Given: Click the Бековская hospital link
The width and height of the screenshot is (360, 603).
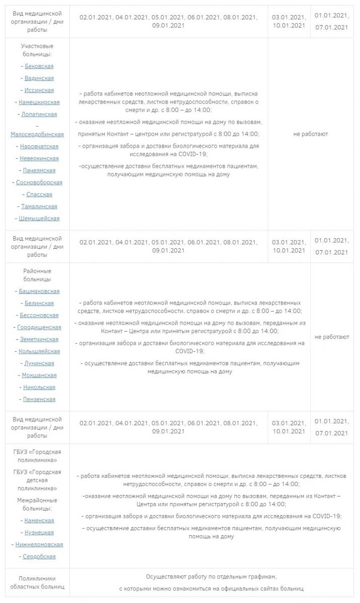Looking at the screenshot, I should coord(39,66).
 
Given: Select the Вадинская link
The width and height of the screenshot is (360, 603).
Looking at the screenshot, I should coord(39,78).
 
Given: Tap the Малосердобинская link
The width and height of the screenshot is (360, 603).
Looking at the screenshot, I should coord(37,134).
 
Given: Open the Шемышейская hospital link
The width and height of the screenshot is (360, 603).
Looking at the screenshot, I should coord(39,219).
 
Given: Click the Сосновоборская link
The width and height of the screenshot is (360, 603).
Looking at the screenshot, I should coord(39,182).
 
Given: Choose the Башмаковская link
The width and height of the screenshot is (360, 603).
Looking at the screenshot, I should coord(39,291).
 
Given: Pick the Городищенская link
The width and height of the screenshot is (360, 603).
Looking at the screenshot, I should coord(39,328).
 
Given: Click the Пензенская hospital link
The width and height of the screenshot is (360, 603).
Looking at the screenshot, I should coord(39,399).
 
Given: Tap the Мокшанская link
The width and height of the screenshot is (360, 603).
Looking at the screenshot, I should coord(39,375).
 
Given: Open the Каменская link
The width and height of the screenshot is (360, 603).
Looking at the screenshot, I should coord(39,521).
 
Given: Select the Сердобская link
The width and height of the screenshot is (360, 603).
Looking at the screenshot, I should coord(39,557).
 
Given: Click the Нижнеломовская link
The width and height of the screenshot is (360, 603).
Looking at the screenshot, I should coord(39,545).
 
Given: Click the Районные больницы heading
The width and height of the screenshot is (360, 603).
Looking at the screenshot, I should coord(37,275).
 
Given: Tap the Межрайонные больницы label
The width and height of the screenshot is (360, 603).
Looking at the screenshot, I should coord(37,505).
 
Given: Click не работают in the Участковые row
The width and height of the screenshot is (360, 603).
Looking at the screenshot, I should coord(311,134).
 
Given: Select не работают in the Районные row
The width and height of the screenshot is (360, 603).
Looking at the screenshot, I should coord(332,337).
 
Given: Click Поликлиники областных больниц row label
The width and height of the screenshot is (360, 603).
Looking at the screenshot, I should coord(37,582).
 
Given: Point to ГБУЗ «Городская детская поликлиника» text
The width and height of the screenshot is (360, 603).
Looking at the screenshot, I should coord(37,480).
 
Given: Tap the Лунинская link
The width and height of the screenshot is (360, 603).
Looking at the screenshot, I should coord(39,363).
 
